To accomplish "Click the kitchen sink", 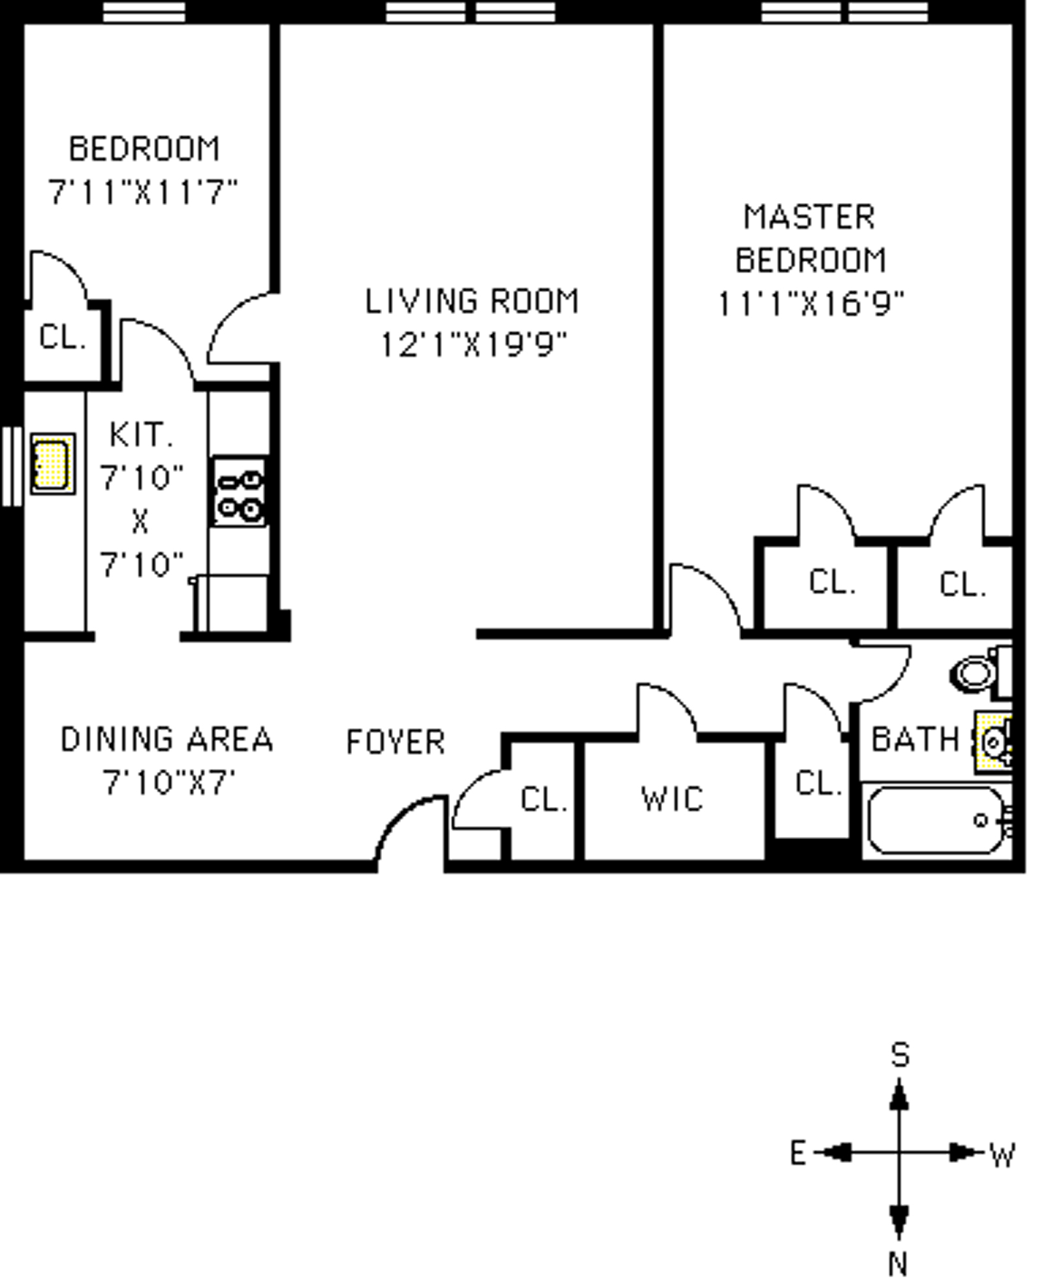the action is (52, 464).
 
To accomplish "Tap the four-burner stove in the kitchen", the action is (240, 492).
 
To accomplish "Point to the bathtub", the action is (936, 821).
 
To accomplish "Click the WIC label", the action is (672, 799).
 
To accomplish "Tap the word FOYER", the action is (396, 742).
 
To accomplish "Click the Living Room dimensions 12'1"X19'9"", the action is (473, 344).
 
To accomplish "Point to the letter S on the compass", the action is (900, 1055).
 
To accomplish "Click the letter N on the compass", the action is (898, 1265).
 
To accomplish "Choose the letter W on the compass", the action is (1002, 1156).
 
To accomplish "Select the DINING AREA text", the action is (167, 740).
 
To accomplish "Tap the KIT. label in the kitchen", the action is (141, 436).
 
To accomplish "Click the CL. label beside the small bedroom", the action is (62, 338).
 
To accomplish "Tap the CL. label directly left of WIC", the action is (544, 799).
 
